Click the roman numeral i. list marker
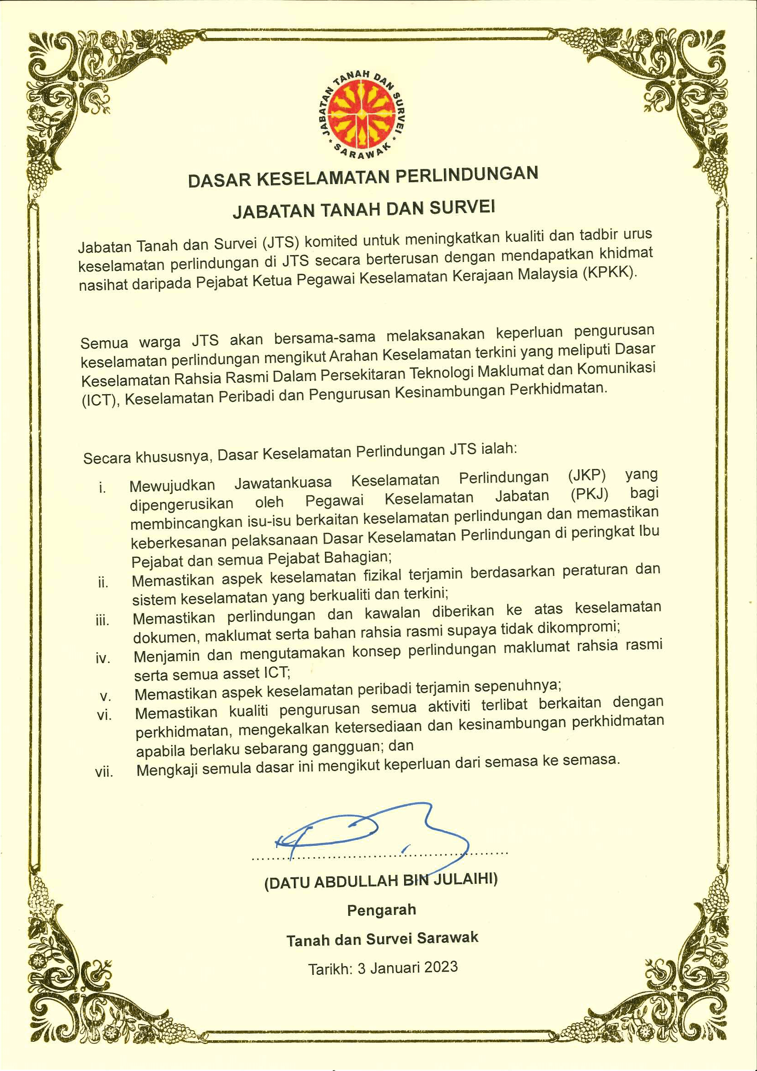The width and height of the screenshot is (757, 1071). pyautogui.click(x=102, y=488)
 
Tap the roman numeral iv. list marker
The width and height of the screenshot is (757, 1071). pyautogui.click(x=103, y=658)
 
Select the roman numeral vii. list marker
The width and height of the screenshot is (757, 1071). pyautogui.click(x=103, y=772)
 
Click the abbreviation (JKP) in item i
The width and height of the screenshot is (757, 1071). pyautogui.click(x=586, y=475)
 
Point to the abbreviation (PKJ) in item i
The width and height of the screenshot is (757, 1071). pyautogui.click(x=589, y=494)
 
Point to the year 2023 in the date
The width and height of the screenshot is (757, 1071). pyautogui.click(x=440, y=967)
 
